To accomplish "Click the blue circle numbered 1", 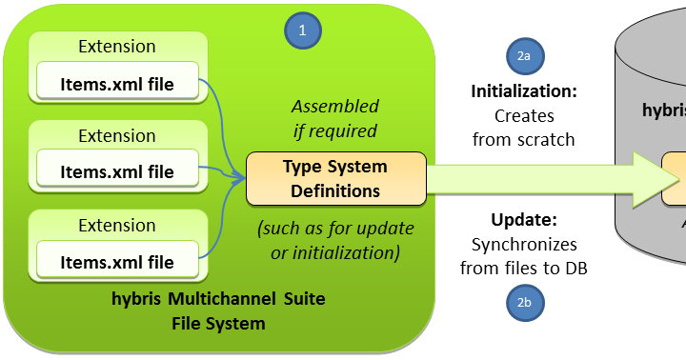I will [303, 30].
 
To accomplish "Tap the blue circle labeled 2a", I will [523, 56].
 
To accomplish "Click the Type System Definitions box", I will [334, 178].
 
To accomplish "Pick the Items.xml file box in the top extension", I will [117, 84].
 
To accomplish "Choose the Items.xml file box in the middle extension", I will [117, 172].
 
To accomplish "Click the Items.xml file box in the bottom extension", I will [117, 262].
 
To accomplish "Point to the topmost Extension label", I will [117, 47].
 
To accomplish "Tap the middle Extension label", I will [117, 135].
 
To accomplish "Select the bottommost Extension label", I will [117, 225].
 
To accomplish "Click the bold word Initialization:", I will [525, 91].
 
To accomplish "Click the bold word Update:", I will [524, 219].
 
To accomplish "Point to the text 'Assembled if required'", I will [334, 118].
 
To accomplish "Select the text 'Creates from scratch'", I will [525, 128].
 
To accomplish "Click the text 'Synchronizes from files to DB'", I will [524, 256].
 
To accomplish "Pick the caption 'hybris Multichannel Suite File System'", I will [218, 311].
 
